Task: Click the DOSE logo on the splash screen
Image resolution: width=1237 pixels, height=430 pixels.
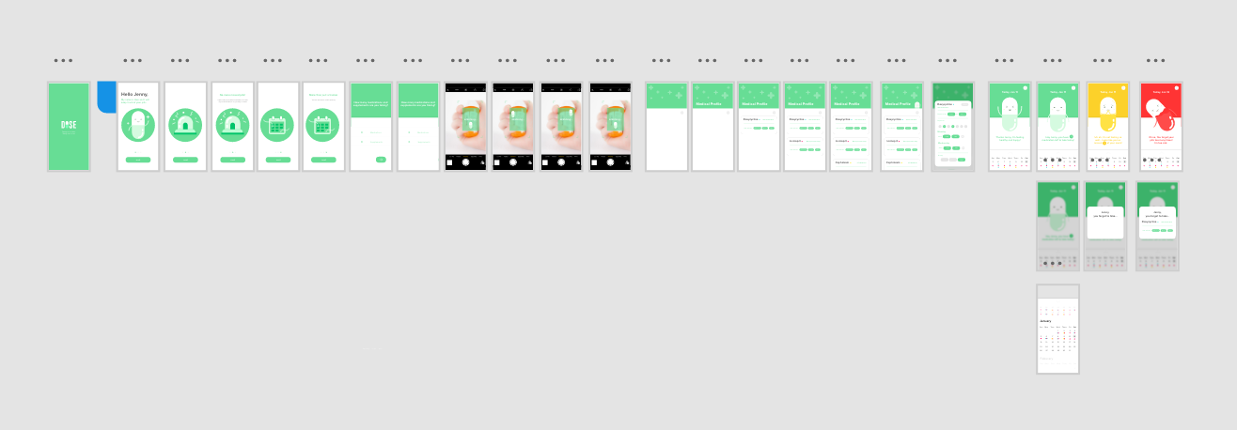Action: point(69,125)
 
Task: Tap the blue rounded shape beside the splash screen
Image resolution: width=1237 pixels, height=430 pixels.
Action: point(106,95)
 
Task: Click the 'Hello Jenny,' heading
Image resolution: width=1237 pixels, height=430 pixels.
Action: point(133,95)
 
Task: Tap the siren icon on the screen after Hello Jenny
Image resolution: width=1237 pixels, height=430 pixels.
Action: point(185,126)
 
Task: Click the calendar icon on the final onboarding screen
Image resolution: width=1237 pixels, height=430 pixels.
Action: point(322,126)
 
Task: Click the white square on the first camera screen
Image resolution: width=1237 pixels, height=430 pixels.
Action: point(449,161)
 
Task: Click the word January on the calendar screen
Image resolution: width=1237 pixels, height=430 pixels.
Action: point(1045,321)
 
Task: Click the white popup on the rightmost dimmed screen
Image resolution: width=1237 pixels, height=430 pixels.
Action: point(1157,223)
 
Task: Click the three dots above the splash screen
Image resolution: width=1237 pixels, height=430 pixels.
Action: point(63,60)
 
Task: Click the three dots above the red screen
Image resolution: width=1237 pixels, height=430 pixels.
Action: point(1155,60)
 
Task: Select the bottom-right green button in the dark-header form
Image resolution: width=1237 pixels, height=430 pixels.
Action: point(962,160)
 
